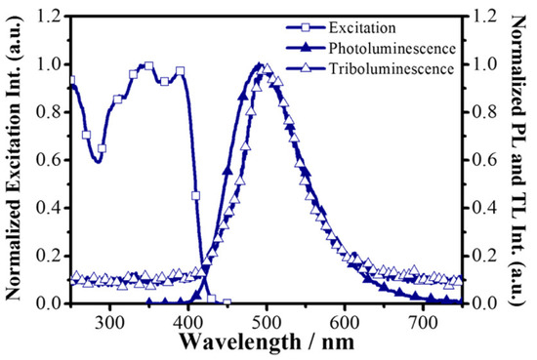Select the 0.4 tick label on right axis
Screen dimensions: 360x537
coord(484,208)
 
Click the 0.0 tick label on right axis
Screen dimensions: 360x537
coord(484,303)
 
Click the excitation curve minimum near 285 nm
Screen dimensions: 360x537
coord(98,161)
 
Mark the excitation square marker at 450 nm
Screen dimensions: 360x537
coord(227,302)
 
